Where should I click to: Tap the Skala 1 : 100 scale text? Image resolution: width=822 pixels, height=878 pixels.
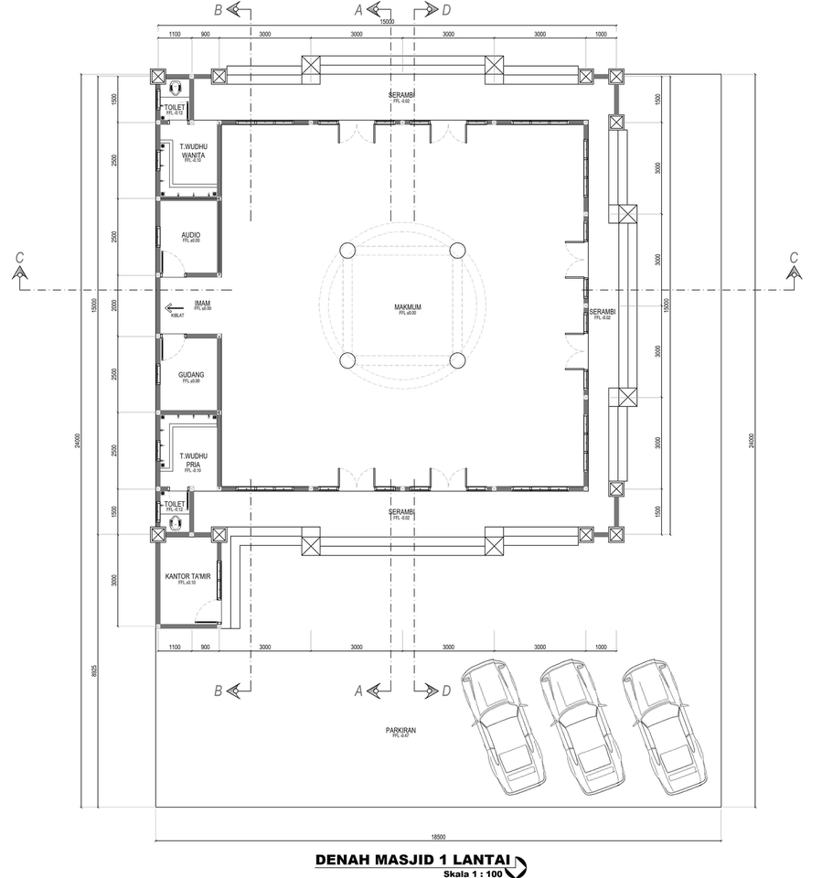(473, 873)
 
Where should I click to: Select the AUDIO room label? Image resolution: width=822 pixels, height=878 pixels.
(190, 236)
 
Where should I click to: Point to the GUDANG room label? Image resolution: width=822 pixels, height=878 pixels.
(191, 375)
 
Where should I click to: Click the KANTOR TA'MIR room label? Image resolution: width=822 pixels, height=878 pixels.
(187, 577)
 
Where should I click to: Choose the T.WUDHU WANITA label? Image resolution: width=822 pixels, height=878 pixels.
(191, 152)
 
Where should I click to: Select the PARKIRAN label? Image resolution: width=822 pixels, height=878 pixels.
(400, 730)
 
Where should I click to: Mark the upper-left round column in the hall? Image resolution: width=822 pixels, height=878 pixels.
(347, 252)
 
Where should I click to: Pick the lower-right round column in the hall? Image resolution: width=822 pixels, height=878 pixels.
(457, 360)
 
